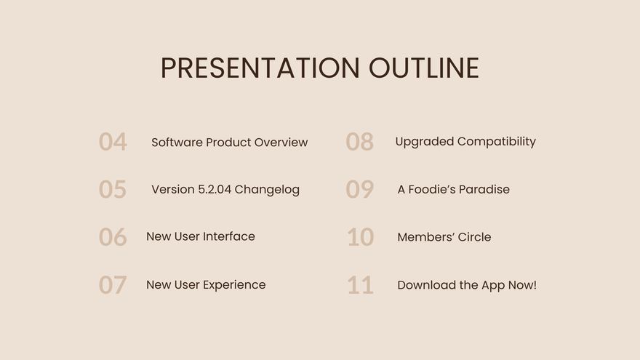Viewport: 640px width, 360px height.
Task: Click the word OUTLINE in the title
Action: [423, 68]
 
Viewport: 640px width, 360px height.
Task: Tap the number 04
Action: [113, 142]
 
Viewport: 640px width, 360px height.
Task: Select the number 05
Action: [113, 189]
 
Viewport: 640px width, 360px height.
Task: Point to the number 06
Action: [113, 237]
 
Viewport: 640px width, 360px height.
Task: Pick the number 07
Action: [113, 285]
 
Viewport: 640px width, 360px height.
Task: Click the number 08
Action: [359, 142]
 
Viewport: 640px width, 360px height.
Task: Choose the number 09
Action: [359, 189]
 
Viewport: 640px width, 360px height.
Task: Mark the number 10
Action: [360, 237]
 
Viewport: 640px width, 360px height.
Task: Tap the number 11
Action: [360, 285]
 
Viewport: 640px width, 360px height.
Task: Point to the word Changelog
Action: [267, 190]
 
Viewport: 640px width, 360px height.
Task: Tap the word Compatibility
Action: [497, 142]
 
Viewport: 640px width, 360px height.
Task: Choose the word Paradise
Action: [484, 190]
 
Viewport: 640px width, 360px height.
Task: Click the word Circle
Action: [474, 237]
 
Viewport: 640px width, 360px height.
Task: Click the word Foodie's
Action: [431, 190]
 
